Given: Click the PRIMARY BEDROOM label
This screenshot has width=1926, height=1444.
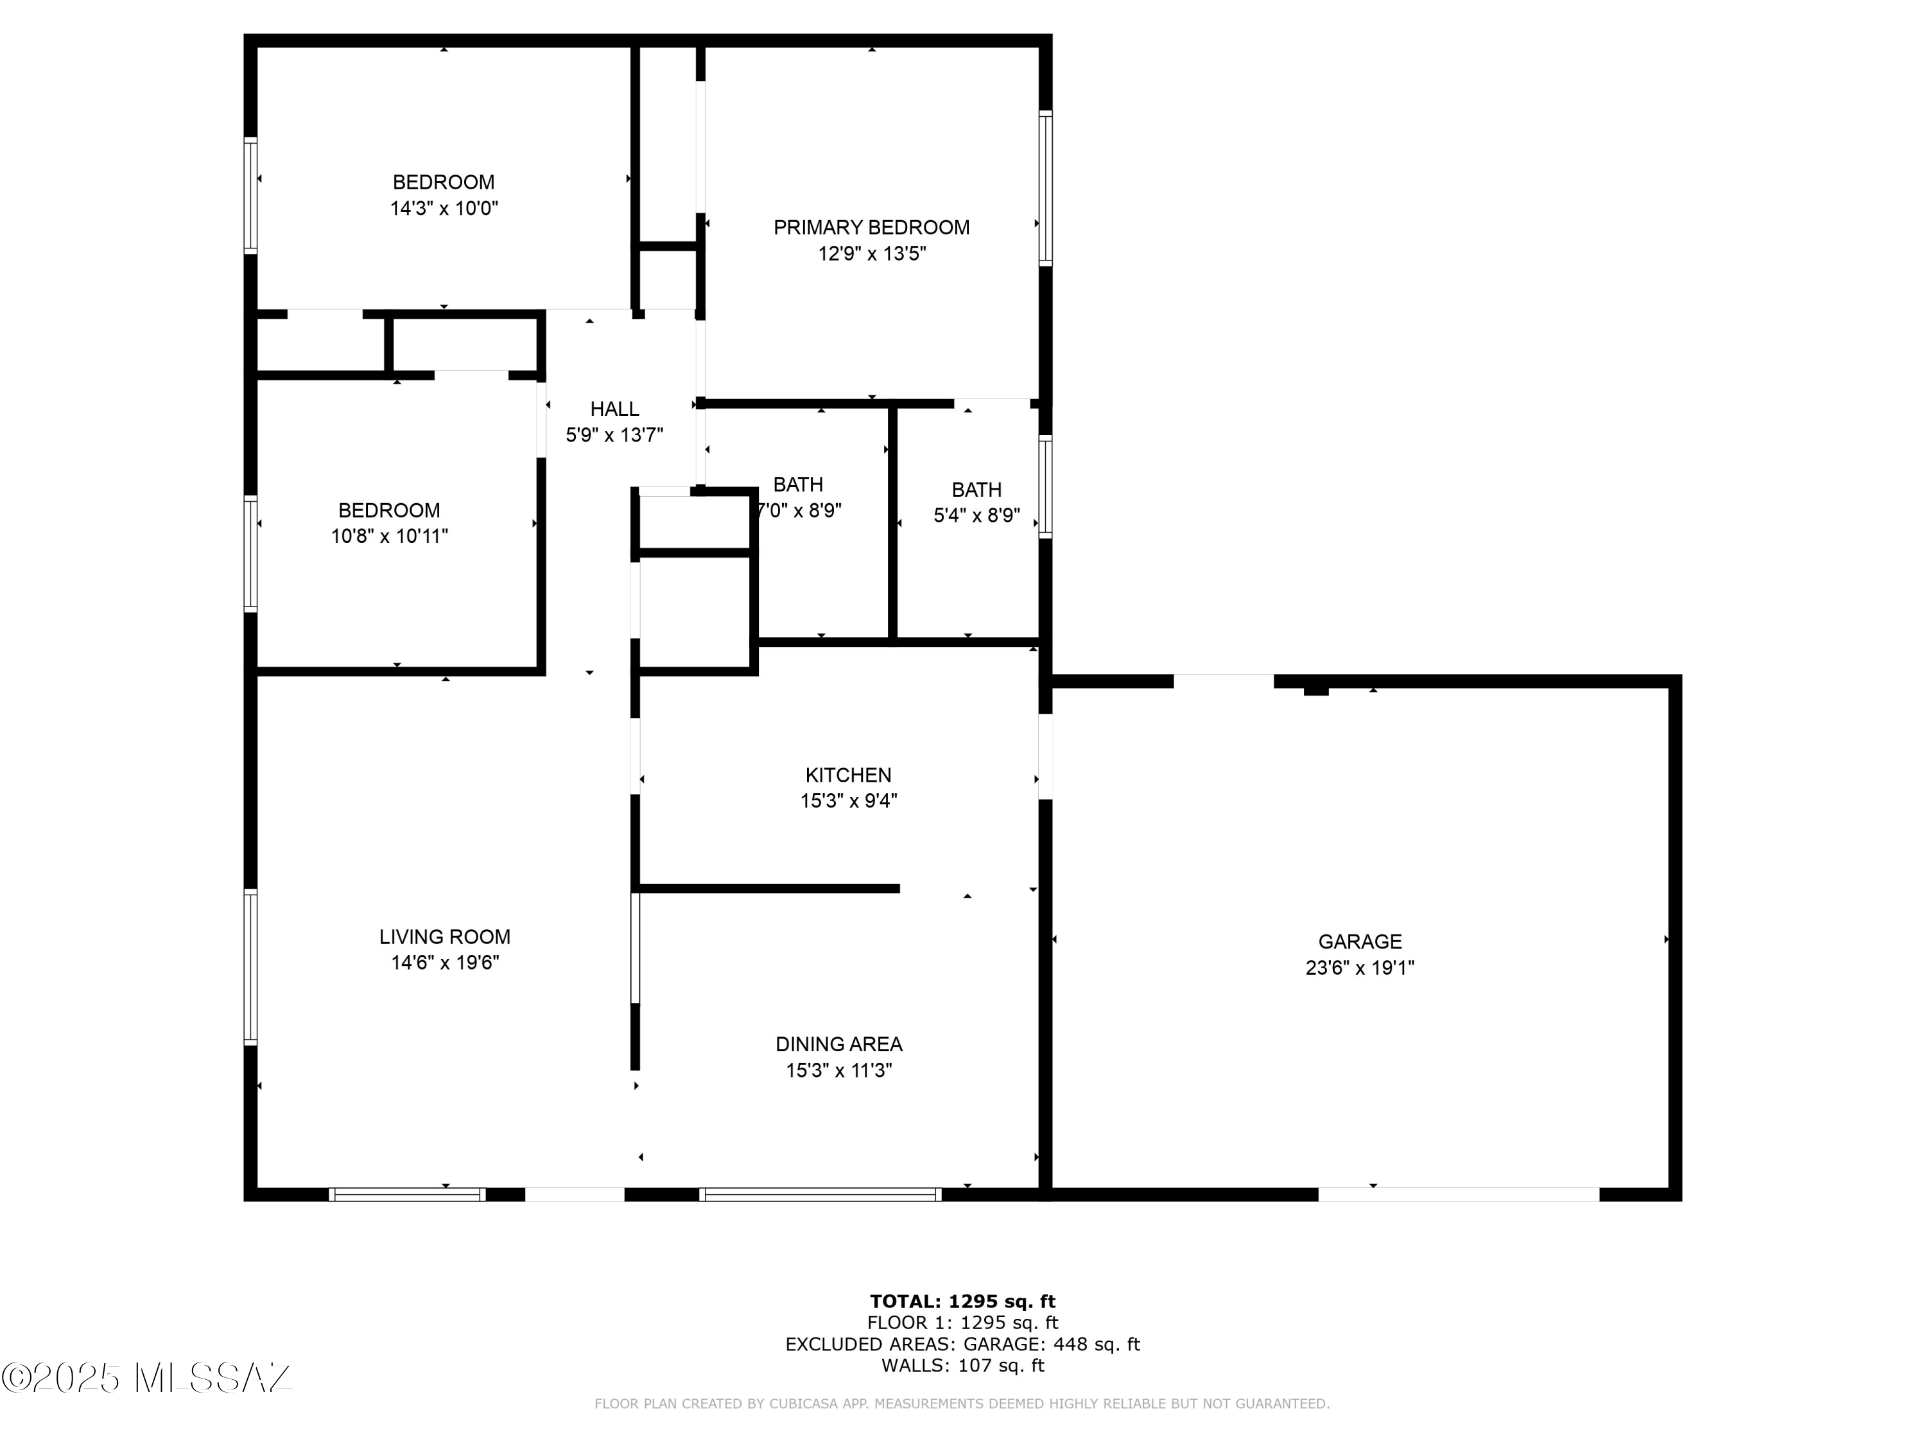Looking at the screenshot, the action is pos(872,227).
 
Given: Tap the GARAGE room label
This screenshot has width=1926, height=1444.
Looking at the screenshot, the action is pos(1360,941).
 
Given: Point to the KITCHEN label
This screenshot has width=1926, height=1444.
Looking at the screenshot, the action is pos(848,775).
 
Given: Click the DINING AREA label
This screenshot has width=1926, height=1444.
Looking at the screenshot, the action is pos(839,1044).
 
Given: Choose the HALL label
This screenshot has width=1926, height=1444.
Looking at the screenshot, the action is pos(615,408).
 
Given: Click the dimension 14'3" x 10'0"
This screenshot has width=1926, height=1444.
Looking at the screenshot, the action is pos(444,209).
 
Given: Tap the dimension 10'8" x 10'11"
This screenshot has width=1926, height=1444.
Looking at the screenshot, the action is pos(389,536).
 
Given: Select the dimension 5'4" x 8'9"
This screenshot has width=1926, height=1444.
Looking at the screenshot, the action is pos(977,515).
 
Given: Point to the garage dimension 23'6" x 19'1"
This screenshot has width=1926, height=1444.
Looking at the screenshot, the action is pos(1360,968).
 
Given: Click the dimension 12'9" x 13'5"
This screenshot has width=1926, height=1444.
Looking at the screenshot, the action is pos(872,254).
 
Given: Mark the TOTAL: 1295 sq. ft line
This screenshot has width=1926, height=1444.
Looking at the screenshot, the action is pos(963,1302).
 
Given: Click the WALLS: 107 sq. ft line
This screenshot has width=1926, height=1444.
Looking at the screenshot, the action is pos(963,1366).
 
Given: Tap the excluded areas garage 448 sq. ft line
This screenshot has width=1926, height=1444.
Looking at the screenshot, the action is pos(963,1344).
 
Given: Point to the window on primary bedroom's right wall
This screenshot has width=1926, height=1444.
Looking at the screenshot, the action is pos(1046,188).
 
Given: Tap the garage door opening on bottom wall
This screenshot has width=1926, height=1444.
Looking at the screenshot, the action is pos(1459,1194).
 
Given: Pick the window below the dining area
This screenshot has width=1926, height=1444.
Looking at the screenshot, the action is pos(820,1194).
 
